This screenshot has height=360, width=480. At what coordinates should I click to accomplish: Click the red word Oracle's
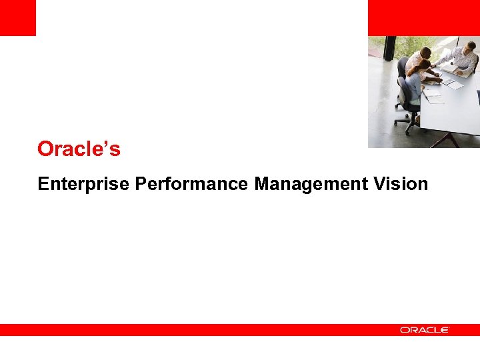tap(79, 149)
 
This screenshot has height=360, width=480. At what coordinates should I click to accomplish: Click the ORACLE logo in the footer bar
tap(424, 330)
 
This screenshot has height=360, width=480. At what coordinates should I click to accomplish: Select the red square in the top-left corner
tap(17, 17)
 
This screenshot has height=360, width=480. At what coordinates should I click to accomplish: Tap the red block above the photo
tap(423, 17)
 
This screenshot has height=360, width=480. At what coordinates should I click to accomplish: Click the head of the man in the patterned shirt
tap(470, 46)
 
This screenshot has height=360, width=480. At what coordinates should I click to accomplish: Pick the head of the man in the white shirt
tap(425, 52)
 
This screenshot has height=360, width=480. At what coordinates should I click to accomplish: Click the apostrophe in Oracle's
tap(107, 143)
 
